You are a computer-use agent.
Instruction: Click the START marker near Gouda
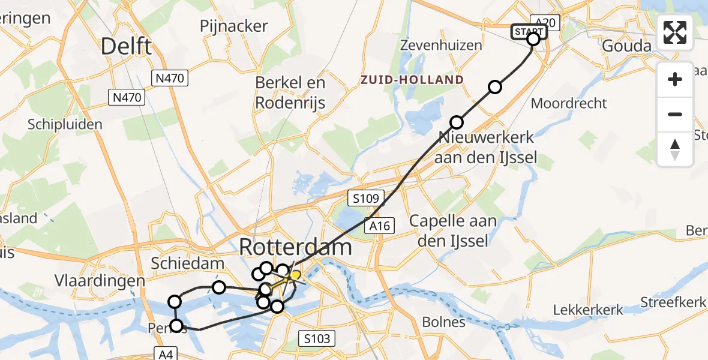tap(529, 32)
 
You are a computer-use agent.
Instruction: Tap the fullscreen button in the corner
tap(675, 32)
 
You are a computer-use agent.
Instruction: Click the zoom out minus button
tap(675, 114)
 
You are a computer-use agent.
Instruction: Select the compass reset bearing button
tap(675, 149)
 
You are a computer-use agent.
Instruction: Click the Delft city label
tap(126, 46)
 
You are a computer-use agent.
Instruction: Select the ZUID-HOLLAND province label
tap(412, 80)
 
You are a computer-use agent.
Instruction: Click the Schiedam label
tap(187, 263)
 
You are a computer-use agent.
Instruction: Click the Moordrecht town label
tap(569, 103)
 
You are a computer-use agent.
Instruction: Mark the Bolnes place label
tap(443, 322)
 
